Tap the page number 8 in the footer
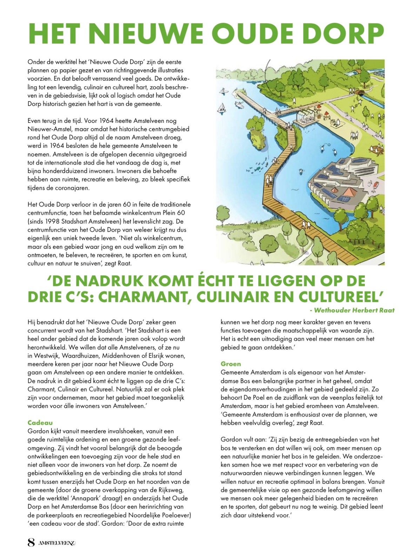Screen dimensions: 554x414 (x=31, y=543)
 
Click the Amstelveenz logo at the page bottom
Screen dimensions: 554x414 (x=58, y=543)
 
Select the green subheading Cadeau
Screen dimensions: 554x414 (x=40, y=422)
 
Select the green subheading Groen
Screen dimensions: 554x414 (x=231, y=364)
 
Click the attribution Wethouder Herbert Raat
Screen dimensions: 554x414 (x=354, y=310)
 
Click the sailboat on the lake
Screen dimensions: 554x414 (x=222, y=107)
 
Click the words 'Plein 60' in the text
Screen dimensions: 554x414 (x=173, y=213)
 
